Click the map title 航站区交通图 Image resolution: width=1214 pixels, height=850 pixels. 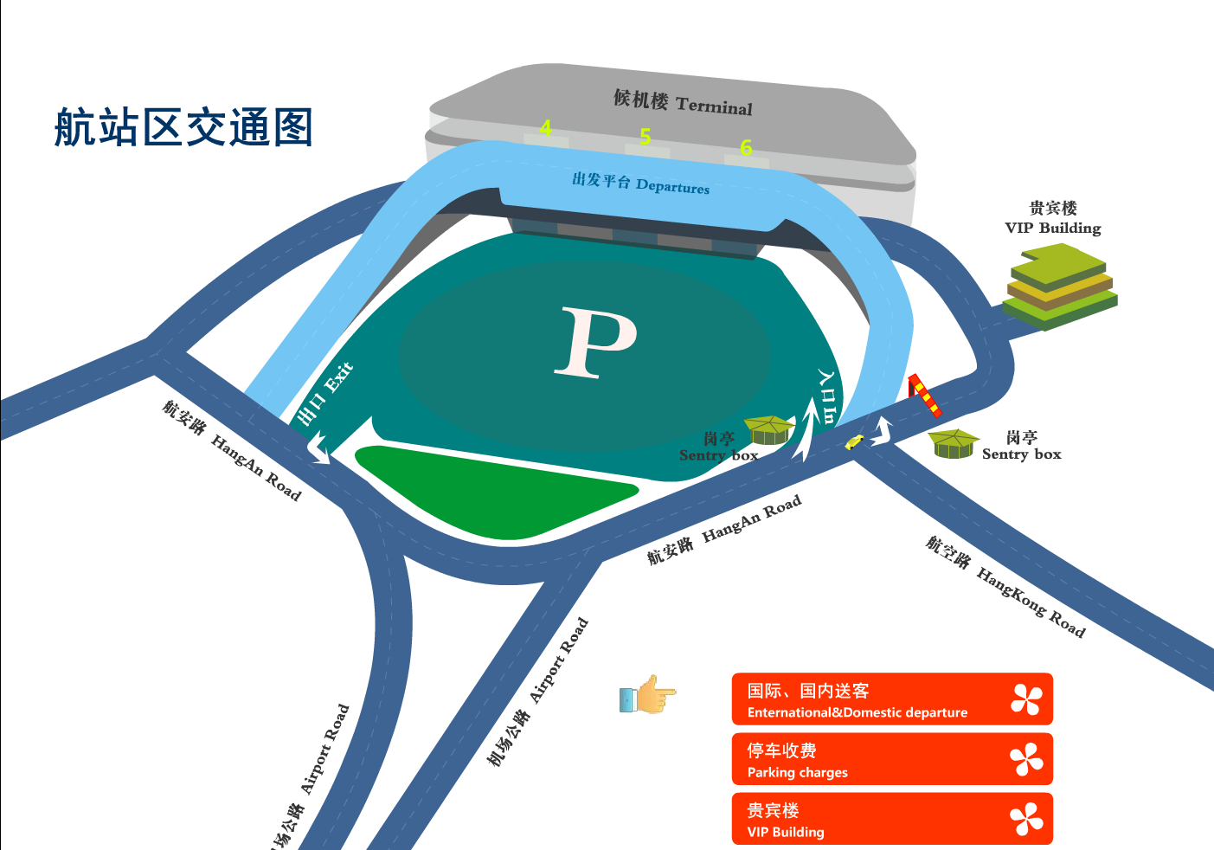click(x=183, y=127)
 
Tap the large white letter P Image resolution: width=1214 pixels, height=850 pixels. click(x=596, y=342)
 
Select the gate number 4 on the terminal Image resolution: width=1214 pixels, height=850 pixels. click(x=545, y=128)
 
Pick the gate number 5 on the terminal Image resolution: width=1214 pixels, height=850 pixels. click(x=646, y=137)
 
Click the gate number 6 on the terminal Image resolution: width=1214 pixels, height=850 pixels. click(x=746, y=148)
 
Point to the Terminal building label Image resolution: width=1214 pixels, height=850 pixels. click(x=683, y=102)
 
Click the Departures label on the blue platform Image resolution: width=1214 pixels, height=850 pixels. click(x=640, y=184)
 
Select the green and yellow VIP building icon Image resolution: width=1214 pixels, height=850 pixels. click(x=1060, y=286)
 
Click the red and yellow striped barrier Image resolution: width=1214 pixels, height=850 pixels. click(x=924, y=395)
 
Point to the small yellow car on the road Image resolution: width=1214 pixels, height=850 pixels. click(x=854, y=442)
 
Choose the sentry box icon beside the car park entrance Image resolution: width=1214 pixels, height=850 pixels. click(x=768, y=429)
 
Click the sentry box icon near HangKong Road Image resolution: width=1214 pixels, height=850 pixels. click(x=954, y=443)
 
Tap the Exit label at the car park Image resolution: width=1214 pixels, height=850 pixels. click(x=325, y=394)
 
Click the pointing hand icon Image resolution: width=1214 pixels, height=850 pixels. click(x=647, y=695)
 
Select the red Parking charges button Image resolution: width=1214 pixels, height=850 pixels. click(x=892, y=759)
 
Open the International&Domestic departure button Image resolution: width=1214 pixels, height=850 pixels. click(x=892, y=699)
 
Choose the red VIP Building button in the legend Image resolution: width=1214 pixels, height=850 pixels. click(x=892, y=819)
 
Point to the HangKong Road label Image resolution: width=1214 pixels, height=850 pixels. click(x=1005, y=587)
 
